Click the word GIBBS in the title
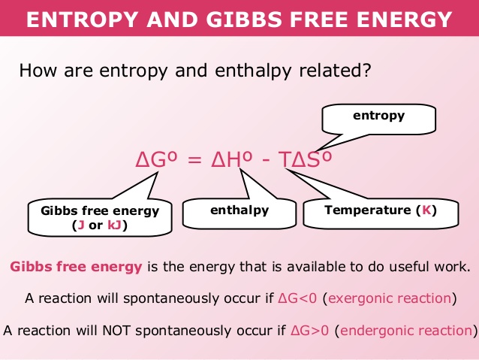pos(243,20)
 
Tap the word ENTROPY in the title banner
pos(82,20)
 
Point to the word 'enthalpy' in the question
pos(253,71)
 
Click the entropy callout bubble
pos(378,119)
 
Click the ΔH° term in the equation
pos(232,159)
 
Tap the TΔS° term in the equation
pos(305,159)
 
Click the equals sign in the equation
pos(194,160)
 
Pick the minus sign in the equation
pos(266,161)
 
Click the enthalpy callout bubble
pos(239,213)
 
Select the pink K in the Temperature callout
pos(426,210)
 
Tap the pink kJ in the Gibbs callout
pos(115,225)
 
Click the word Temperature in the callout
pos(367,210)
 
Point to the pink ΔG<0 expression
pos(297,298)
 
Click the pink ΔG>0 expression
pos(310,331)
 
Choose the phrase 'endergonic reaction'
pos(406,331)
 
